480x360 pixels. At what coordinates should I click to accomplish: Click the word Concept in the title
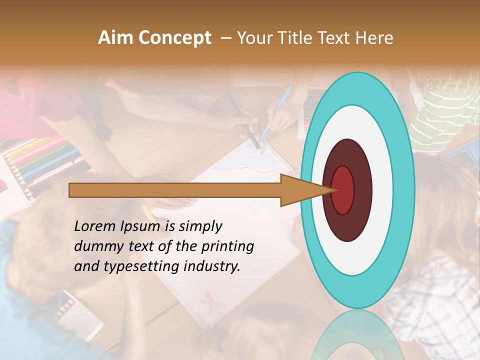[x=174, y=38]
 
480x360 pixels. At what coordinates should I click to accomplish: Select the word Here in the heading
[x=375, y=38]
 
